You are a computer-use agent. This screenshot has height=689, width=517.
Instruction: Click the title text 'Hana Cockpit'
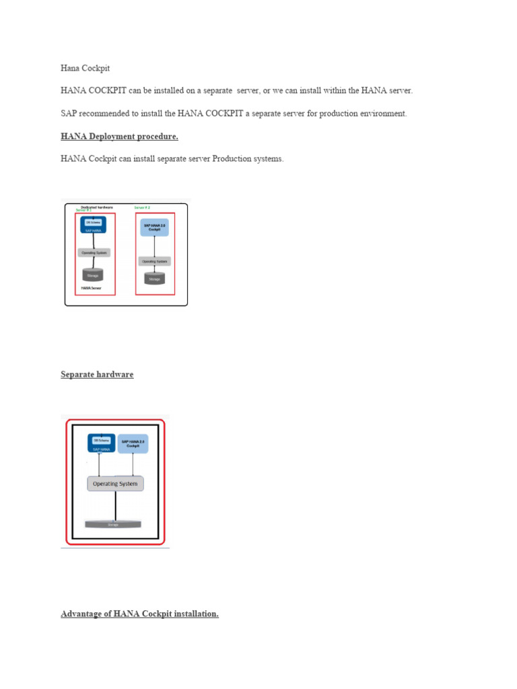click(x=85, y=68)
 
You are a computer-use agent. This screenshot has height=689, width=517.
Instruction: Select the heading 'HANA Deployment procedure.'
click(x=119, y=137)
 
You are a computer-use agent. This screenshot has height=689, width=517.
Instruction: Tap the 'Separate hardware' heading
click(x=97, y=374)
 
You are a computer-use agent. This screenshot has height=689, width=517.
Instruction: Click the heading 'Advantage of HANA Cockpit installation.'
click(x=139, y=614)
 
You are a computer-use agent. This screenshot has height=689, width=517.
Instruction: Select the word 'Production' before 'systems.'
click(x=232, y=159)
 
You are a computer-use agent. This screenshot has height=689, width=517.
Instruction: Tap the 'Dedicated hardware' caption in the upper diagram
click(x=97, y=207)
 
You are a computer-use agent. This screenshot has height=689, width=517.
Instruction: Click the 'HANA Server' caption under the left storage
click(x=91, y=287)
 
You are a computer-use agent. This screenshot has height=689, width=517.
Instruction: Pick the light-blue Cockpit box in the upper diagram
click(x=155, y=227)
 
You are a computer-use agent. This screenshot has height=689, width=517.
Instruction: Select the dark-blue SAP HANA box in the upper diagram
click(x=94, y=225)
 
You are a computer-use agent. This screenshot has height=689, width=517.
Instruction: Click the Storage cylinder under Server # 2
click(x=155, y=278)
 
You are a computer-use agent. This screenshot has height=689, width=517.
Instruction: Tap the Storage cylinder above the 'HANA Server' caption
click(x=94, y=275)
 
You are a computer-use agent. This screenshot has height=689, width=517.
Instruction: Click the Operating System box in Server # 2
click(x=155, y=260)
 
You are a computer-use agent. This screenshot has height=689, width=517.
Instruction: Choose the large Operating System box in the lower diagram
click(x=115, y=484)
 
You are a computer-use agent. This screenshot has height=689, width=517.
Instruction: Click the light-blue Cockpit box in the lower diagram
click(x=133, y=444)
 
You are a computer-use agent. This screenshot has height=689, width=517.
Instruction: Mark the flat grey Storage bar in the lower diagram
click(x=113, y=524)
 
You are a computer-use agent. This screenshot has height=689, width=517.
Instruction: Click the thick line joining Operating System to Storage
click(x=116, y=505)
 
